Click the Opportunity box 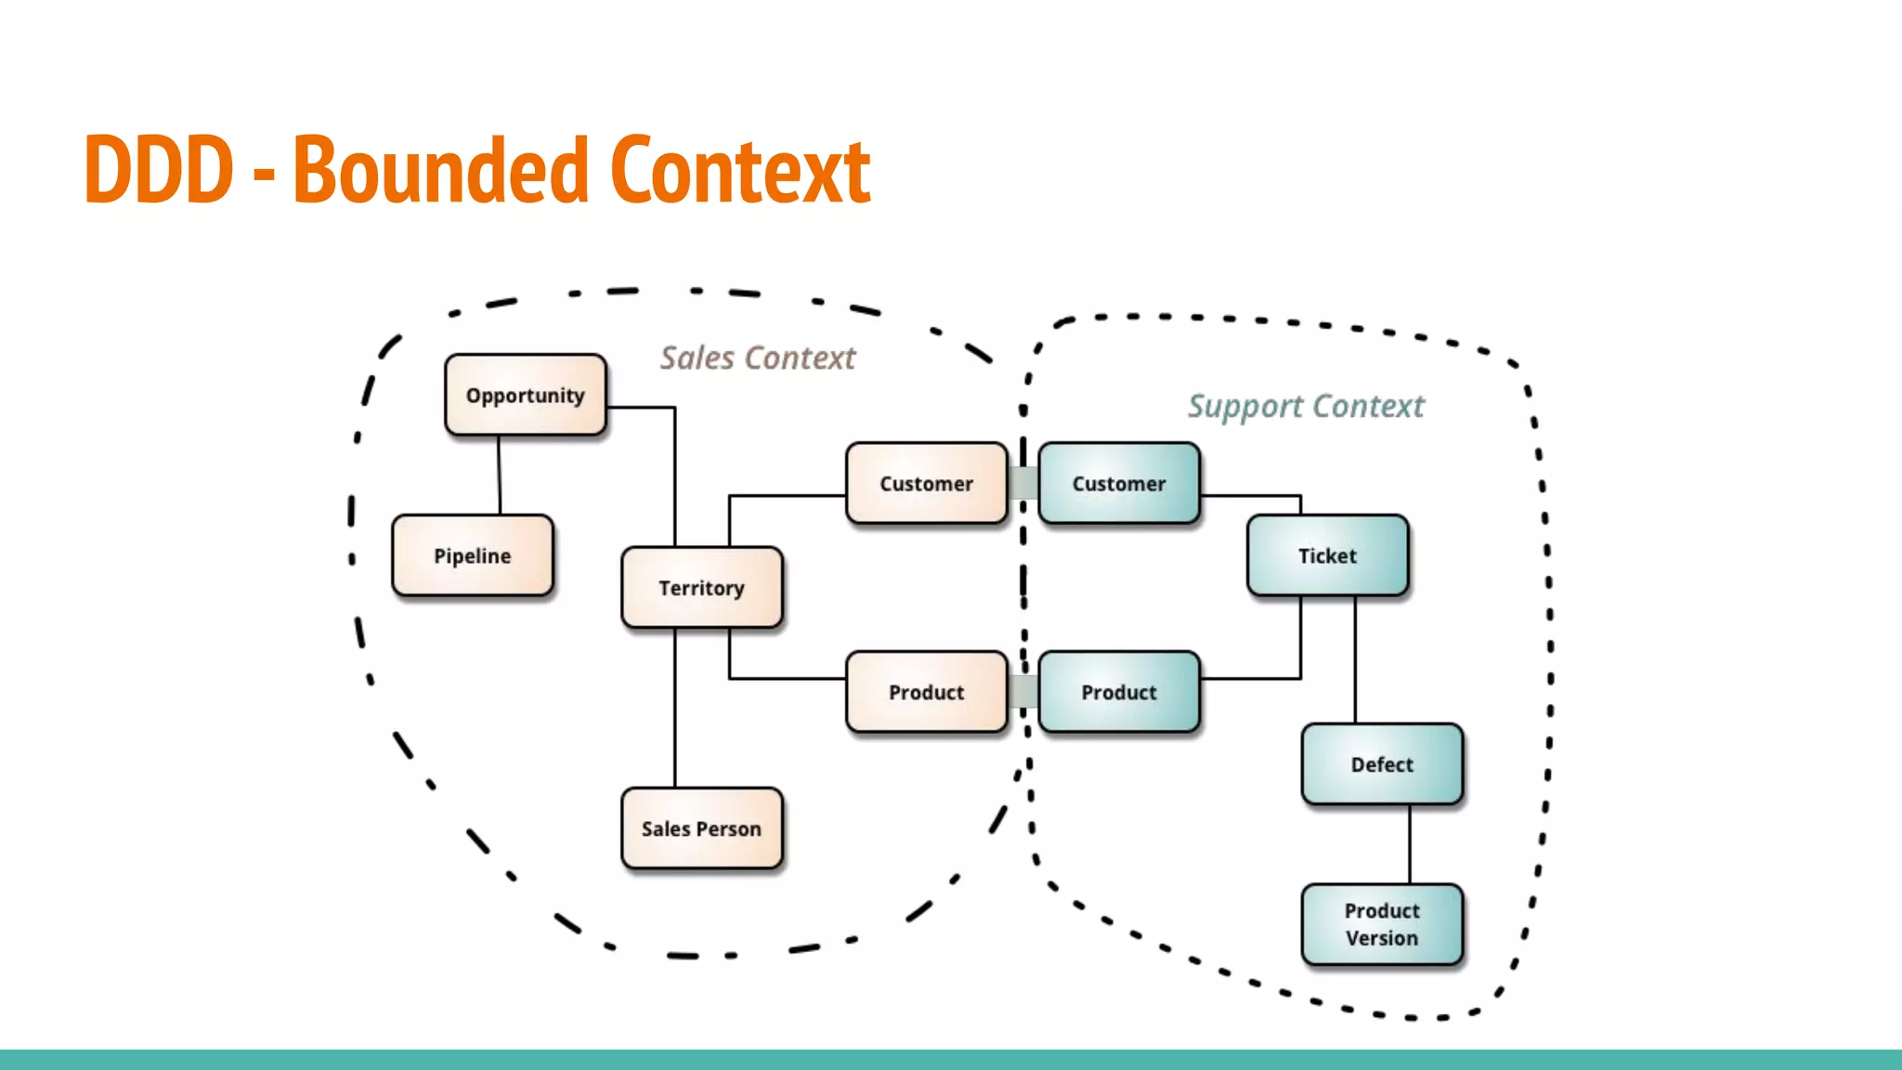[x=526, y=395]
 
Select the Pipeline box [x=473, y=555]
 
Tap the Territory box [x=702, y=587]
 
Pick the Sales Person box [x=702, y=829]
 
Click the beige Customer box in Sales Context [x=927, y=483]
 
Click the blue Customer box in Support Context [x=1119, y=483]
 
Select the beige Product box [x=927, y=692]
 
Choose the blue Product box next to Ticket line [x=1119, y=692]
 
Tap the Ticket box [x=1328, y=555]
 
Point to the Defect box [x=1382, y=764]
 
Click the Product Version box [x=1382, y=924]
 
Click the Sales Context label [x=758, y=358]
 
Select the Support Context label [x=1306, y=406]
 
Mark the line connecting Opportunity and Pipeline [x=500, y=475]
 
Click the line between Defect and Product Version [x=1410, y=843]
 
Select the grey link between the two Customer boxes [x=1023, y=483]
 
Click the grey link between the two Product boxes [x=1023, y=692]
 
